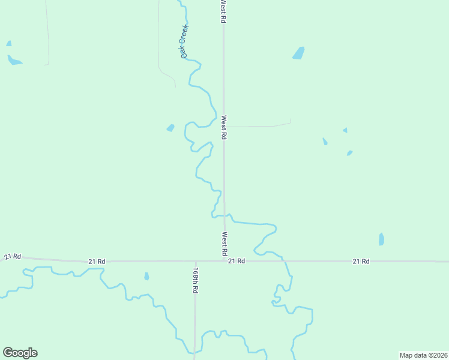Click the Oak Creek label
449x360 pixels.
[x=185, y=41]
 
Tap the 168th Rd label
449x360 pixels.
[x=196, y=280]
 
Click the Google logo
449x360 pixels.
[x=20, y=353]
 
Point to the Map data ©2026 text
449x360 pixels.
[x=423, y=355]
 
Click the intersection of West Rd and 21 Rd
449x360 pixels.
[x=224, y=261]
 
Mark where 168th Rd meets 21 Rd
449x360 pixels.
[x=195, y=261]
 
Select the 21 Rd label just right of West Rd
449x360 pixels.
[x=237, y=261]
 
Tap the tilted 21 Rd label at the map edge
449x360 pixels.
[x=13, y=257]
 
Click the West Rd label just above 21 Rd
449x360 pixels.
[x=224, y=242]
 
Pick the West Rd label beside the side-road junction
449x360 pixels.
[x=224, y=128]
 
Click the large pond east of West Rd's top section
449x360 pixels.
[x=298, y=53]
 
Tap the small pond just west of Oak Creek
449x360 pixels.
[x=170, y=128]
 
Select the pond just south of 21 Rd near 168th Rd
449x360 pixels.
[x=146, y=276]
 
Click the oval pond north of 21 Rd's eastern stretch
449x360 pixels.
[x=381, y=239]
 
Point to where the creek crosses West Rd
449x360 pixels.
[x=224, y=215]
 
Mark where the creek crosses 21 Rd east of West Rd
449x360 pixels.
[x=285, y=261]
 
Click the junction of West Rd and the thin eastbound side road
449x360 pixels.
[x=224, y=127]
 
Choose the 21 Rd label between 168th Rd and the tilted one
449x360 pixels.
[x=97, y=262]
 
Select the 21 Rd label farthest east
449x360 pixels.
[x=361, y=261]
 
